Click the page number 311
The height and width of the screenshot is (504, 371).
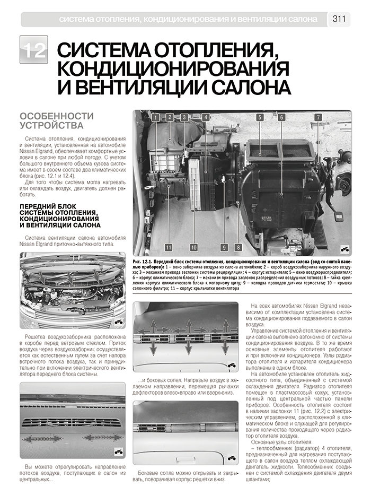(339, 19)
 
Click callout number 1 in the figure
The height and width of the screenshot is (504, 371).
(155, 118)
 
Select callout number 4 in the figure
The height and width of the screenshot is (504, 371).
(206, 118)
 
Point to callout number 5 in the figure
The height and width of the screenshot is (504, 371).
(260, 118)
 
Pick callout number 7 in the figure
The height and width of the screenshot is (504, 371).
(318, 118)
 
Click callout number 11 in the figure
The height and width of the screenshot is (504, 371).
(169, 247)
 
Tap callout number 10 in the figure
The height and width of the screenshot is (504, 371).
(193, 247)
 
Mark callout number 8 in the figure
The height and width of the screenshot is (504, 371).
(238, 247)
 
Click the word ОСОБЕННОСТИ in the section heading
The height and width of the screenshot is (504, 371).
(57, 116)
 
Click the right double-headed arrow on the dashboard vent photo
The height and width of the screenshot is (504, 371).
(102, 437)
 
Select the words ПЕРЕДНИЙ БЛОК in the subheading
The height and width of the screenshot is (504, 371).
(49, 206)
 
